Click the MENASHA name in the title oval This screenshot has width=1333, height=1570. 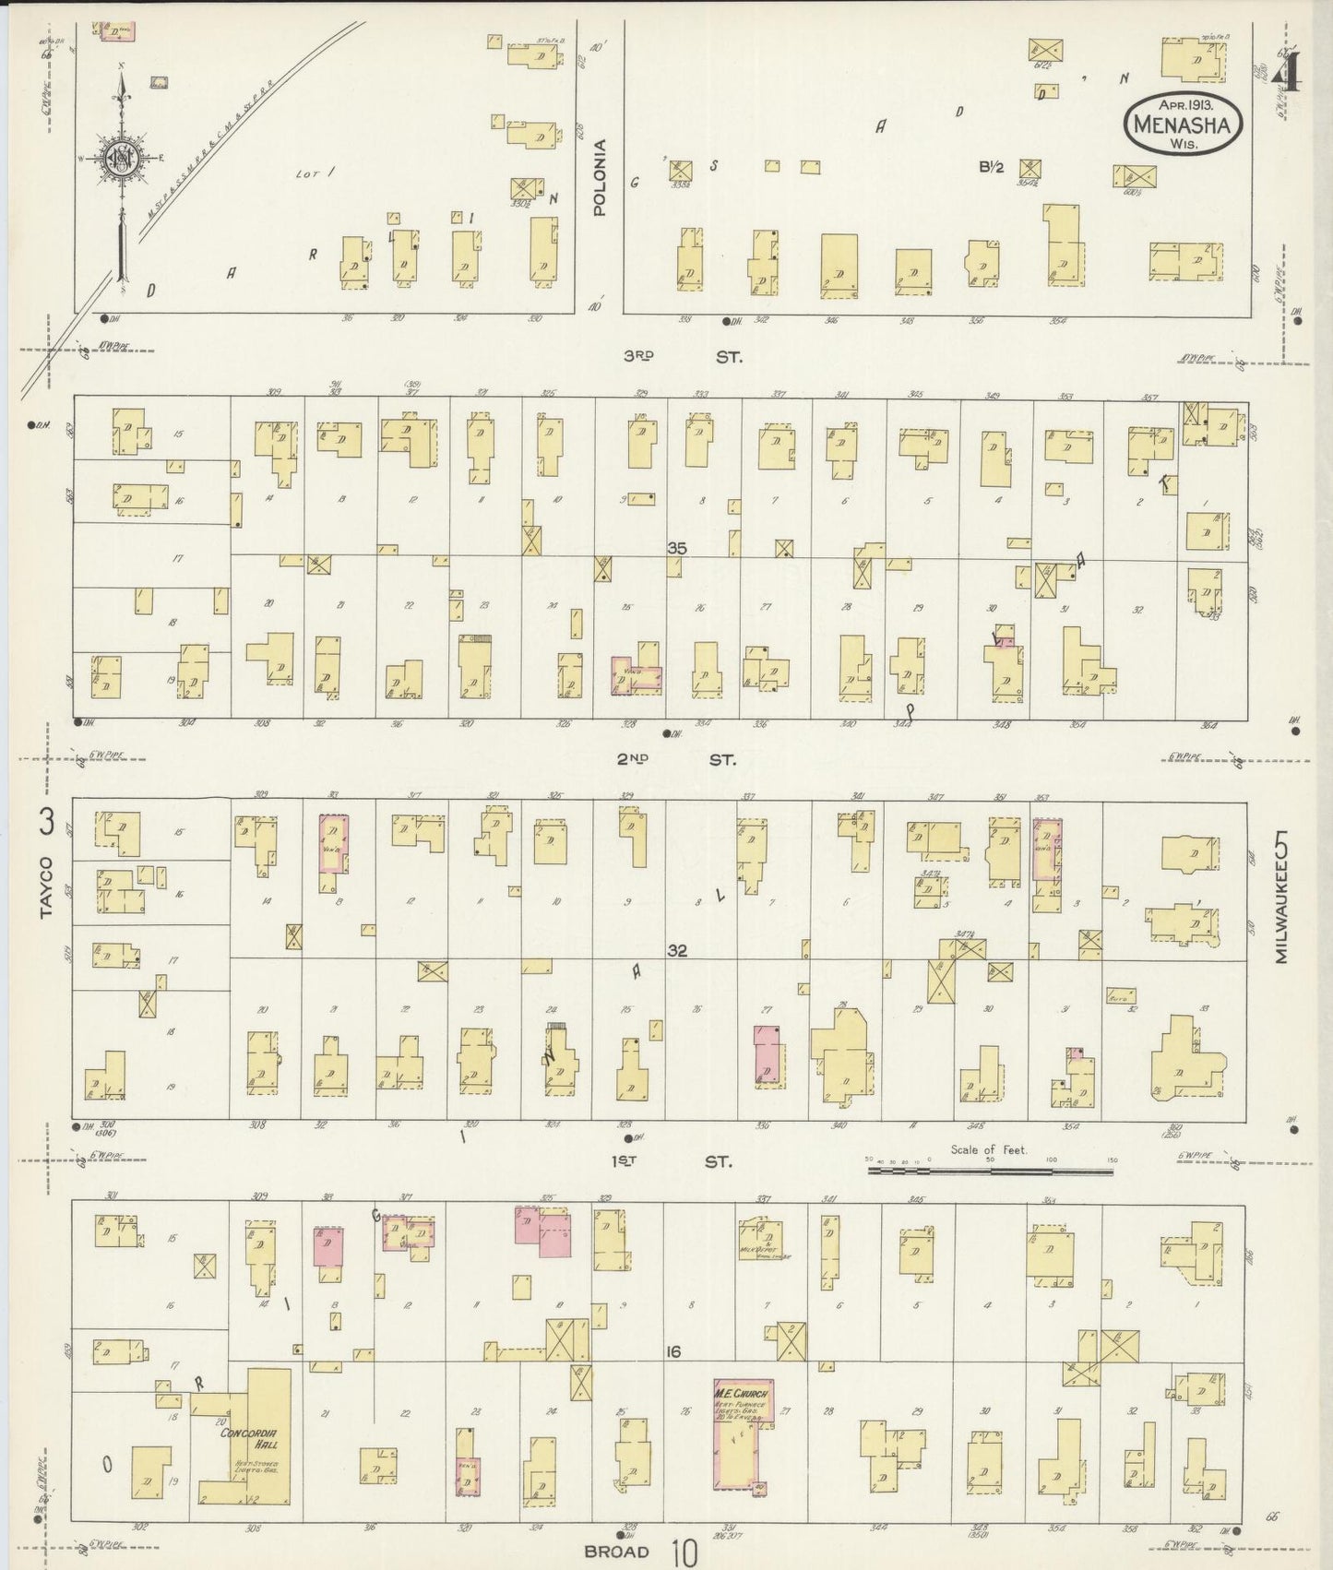(1182, 124)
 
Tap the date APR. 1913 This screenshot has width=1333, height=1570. (1182, 104)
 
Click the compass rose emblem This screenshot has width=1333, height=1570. (121, 158)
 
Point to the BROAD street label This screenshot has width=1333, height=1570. (618, 1552)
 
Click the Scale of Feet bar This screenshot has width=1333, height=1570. (990, 1171)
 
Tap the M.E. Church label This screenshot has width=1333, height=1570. (742, 1392)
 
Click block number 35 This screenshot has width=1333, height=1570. (678, 548)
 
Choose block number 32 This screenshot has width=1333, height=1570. (678, 950)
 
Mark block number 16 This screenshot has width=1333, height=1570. (674, 1351)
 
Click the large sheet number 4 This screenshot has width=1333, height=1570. (1286, 69)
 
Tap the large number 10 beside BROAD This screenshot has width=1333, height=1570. (684, 1552)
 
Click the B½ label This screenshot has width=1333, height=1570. (991, 167)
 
